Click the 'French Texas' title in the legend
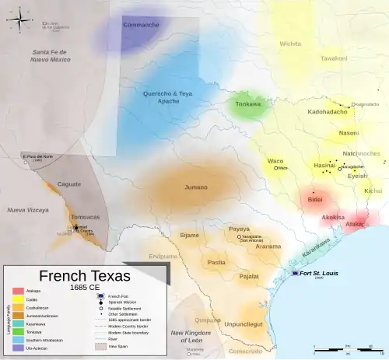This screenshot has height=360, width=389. coord(86,276)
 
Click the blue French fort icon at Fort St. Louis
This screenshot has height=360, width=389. coord(296,274)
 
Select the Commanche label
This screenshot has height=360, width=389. coord(141,25)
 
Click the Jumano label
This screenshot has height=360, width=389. coord(196,187)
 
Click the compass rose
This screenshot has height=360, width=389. coord(21,19)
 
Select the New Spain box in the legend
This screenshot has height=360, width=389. coord(100,348)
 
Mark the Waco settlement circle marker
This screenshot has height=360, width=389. coord(275,168)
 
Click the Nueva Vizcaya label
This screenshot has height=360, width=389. coord(28,211)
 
